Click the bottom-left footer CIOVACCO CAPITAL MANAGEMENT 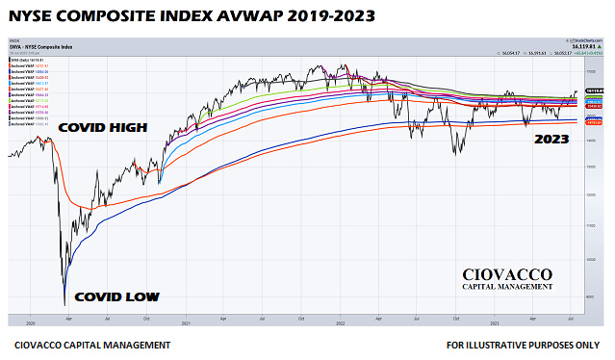tap(92, 344)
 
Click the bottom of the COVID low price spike tap(64, 304)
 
